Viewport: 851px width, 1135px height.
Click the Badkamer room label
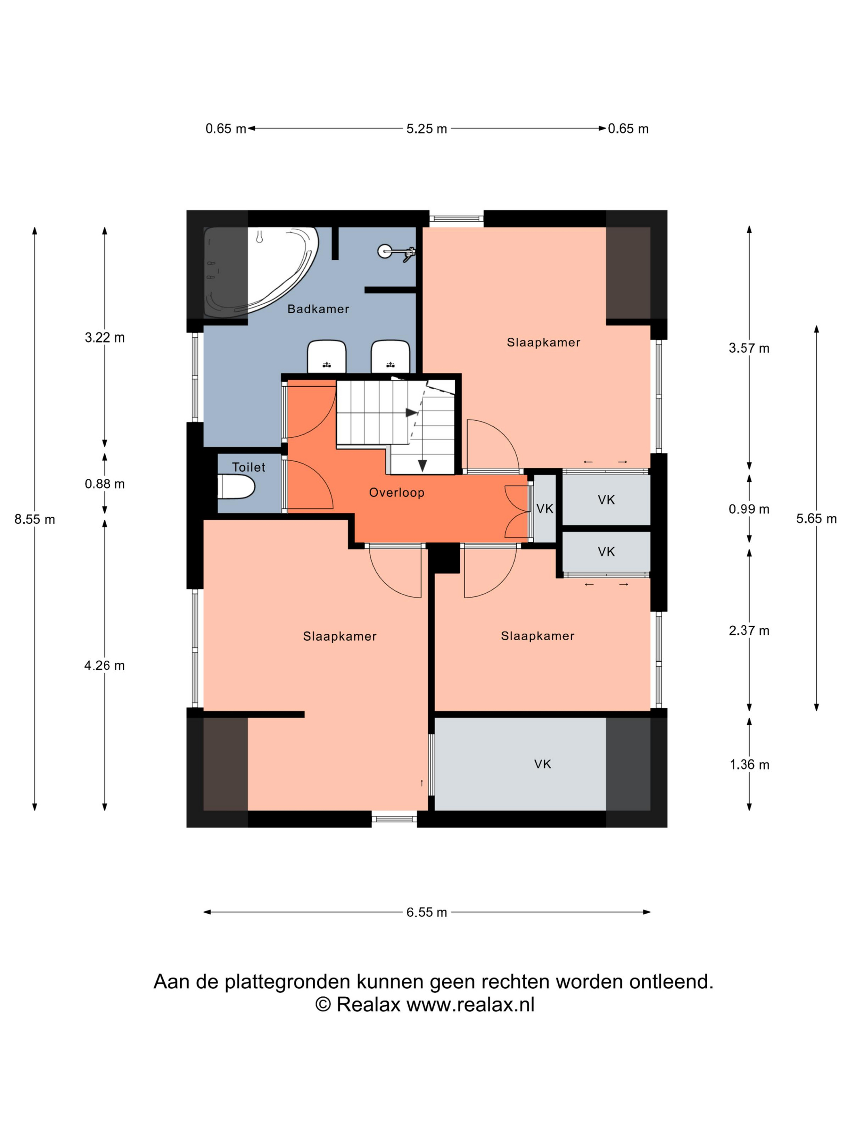click(318, 309)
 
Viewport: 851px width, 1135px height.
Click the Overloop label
click(396, 493)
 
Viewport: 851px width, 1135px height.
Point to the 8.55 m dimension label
click(35, 519)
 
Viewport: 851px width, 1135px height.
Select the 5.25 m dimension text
click(427, 129)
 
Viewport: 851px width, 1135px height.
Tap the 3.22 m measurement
click(105, 338)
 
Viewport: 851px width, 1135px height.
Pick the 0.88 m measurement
click(105, 484)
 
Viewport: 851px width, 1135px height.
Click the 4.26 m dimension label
click(105, 666)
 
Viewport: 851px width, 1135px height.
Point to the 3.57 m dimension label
click(749, 348)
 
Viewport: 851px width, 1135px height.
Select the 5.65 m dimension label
click(816, 519)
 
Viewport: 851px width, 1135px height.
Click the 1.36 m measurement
click(749, 765)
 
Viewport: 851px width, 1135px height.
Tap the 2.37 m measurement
click(749, 631)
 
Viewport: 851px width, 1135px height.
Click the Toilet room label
click(249, 467)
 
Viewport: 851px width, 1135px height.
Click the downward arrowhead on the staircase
click(422, 465)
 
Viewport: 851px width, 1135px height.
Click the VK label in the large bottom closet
click(542, 764)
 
